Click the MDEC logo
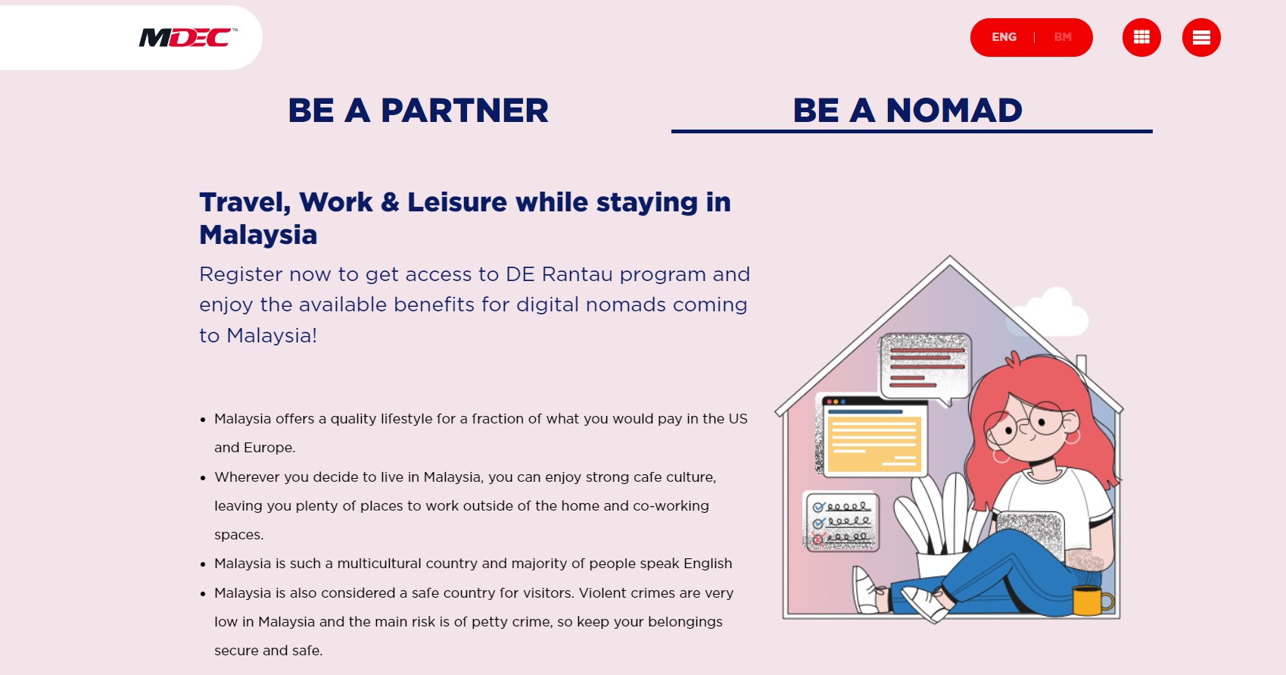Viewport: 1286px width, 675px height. coord(188,37)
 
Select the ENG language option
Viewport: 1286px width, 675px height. coord(1004,37)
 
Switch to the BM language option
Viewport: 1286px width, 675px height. coord(1063,37)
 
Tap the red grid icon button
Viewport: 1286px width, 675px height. coord(1141,37)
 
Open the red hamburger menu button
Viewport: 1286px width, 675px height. coord(1201,37)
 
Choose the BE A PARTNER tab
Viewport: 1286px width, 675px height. coord(418,111)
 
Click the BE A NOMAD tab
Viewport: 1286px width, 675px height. coord(908,111)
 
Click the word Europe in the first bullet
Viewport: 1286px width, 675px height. coord(269,448)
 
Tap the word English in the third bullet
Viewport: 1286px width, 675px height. coord(708,564)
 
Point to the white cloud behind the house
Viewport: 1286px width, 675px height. coord(1051,313)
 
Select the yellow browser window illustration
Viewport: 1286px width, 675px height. coord(871,436)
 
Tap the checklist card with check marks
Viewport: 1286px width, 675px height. coord(842,521)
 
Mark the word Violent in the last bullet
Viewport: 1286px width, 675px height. coord(603,593)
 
